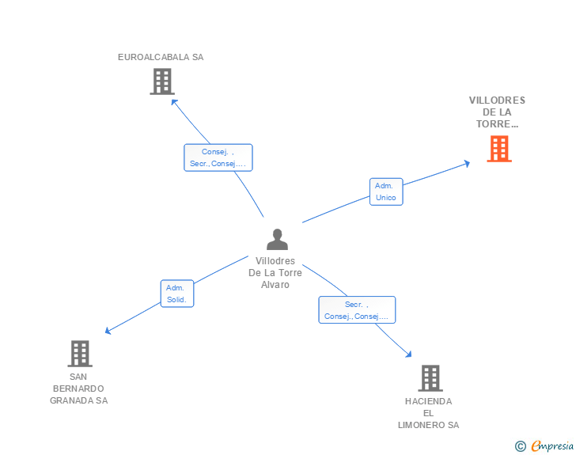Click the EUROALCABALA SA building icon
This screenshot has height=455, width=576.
(x=161, y=82)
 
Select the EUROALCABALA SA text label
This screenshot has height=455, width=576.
(x=161, y=57)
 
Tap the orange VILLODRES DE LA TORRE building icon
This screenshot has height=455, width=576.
(x=498, y=149)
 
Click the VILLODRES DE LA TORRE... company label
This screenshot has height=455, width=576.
(x=497, y=112)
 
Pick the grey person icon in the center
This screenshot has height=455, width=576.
(x=277, y=239)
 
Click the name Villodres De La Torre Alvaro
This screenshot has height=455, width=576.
(x=275, y=273)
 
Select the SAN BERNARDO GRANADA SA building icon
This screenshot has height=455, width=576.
(x=79, y=354)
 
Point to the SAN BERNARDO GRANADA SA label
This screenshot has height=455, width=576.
(x=78, y=389)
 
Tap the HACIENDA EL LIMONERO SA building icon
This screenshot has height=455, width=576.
(x=430, y=378)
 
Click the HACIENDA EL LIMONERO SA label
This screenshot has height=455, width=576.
(x=428, y=413)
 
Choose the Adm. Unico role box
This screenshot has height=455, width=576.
(x=386, y=191)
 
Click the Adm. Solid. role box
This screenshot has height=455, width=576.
(x=176, y=294)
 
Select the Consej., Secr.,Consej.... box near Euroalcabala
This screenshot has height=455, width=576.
(x=218, y=157)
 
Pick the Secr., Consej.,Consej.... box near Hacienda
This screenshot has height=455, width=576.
(x=357, y=309)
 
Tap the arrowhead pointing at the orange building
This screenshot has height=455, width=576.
(x=467, y=163)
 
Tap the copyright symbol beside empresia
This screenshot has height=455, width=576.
(x=520, y=446)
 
